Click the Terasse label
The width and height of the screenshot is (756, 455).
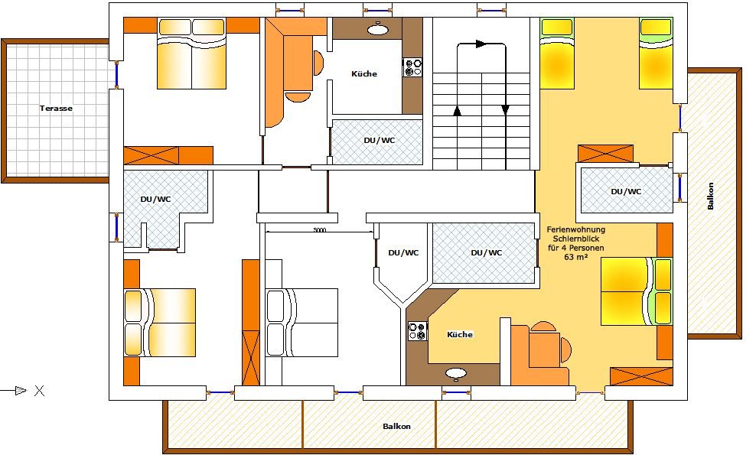pyautogui.click(x=56, y=109)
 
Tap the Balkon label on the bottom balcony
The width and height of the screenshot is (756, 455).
pyautogui.click(x=397, y=426)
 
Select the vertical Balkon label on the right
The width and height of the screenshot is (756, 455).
pyautogui.click(x=710, y=196)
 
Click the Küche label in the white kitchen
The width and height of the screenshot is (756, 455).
pyautogui.click(x=364, y=73)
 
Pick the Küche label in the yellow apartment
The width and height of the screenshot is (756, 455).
pyautogui.click(x=460, y=334)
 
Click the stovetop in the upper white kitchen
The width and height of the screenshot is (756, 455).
pyautogui.click(x=412, y=67)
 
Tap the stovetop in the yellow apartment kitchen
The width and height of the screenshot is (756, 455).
pyautogui.click(x=418, y=331)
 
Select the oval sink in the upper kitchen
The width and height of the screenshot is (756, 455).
pyautogui.click(x=378, y=30)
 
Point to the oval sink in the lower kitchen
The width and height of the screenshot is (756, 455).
pyautogui.click(x=455, y=373)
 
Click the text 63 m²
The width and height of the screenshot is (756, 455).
pyautogui.click(x=575, y=257)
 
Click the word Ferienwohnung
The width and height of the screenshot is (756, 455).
pyautogui.click(x=575, y=230)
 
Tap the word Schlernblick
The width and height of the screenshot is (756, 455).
pyautogui.click(x=575, y=239)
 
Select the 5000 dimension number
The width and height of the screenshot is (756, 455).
pyautogui.click(x=320, y=230)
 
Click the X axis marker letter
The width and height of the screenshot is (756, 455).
pyautogui.click(x=40, y=391)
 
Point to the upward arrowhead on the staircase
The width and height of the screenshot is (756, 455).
pyautogui.click(x=457, y=111)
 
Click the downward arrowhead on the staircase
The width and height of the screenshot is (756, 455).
pyautogui.click(x=505, y=110)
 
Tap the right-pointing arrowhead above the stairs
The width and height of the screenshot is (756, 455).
pyautogui.click(x=481, y=44)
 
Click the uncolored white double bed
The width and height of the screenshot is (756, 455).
pyautogui.click(x=301, y=323)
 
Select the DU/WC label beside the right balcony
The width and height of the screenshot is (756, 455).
pyautogui.click(x=626, y=191)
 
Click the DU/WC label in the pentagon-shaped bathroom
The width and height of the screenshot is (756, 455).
pyautogui.click(x=403, y=252)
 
